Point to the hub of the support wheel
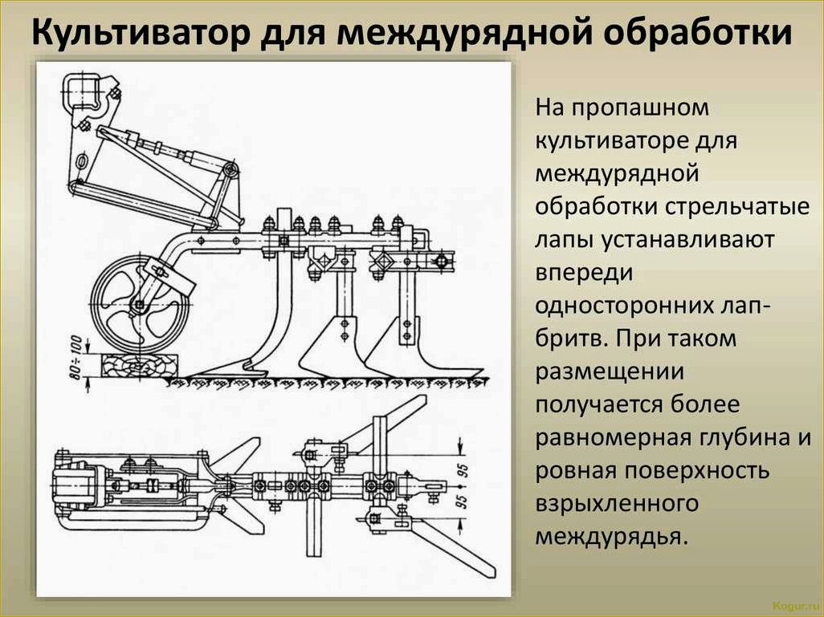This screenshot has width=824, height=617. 139,305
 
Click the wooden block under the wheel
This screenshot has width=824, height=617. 139,365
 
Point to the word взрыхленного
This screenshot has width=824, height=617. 617,504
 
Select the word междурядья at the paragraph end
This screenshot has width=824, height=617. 611,537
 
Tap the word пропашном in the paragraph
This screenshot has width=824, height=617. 640,108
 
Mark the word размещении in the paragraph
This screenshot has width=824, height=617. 610,372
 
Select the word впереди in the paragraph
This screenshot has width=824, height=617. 584,274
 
